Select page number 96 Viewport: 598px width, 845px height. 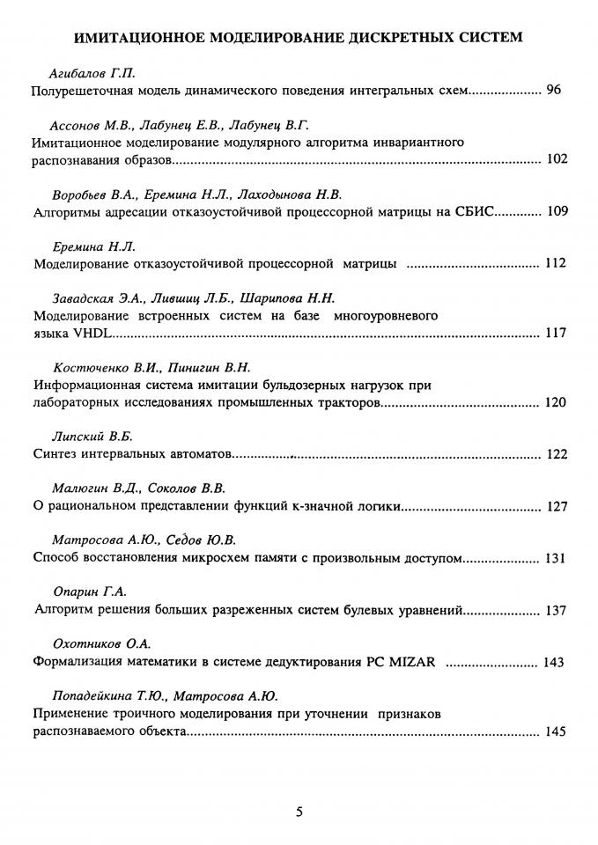pos(554,90)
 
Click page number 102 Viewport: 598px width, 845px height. pos(557,159)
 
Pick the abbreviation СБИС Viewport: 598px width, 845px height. pos(480,211)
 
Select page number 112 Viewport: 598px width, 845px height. pos(557,263)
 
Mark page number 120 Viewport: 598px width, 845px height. pos(557,402)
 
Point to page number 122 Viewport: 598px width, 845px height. pos(557,454)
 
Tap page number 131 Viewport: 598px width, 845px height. pos(557,558)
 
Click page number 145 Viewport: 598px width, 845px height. pos(557,731)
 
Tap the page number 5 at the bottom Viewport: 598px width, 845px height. pos(299,812)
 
